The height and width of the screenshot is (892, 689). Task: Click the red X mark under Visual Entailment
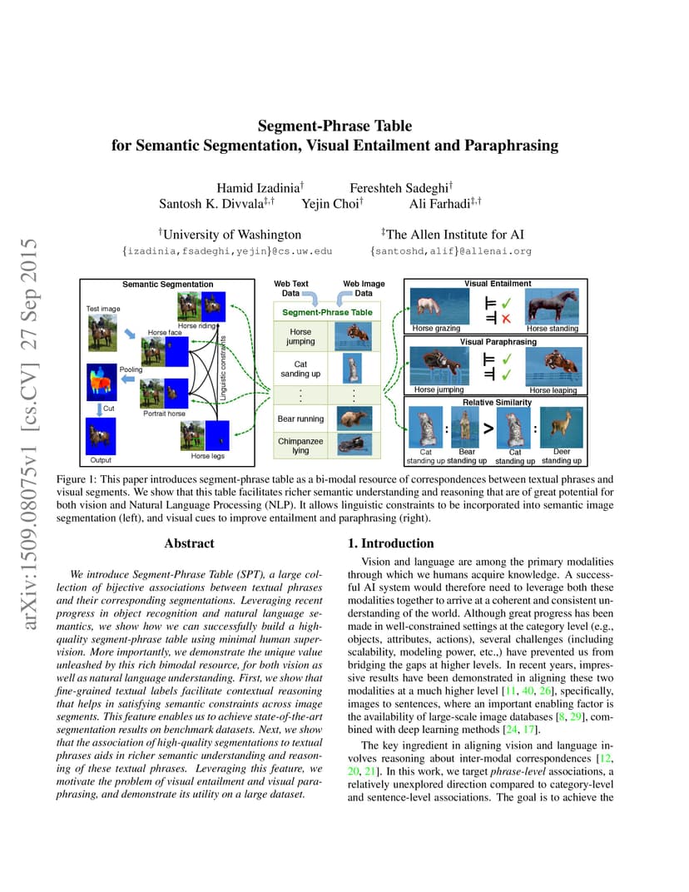506,319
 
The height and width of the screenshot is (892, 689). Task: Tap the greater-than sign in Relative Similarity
488,429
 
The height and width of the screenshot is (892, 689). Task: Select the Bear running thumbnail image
354,418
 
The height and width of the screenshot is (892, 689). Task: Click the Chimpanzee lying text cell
300,445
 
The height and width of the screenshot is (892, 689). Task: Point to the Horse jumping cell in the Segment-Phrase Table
300,336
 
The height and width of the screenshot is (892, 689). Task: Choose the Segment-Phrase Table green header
327,312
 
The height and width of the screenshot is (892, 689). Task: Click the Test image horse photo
102,332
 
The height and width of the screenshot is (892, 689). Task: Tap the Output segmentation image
101,436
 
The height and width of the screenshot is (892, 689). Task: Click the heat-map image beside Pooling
102,382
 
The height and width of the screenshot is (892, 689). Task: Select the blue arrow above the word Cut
99,409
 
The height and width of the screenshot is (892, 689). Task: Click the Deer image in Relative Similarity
561,427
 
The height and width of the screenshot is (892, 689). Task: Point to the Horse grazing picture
440,306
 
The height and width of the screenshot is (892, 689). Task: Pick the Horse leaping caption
553,390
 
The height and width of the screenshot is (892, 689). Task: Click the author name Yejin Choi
332,204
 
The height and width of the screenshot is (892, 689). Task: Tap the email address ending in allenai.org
451,251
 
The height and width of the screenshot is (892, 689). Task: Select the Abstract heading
190,543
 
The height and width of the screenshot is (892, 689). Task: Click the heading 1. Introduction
391,543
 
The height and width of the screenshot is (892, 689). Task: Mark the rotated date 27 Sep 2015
28,294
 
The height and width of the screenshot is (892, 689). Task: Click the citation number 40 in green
528,691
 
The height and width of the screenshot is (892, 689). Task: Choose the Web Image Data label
364,289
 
